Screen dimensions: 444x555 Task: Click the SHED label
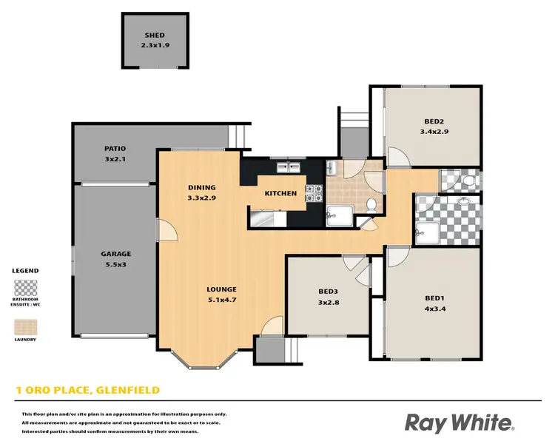point(155,35)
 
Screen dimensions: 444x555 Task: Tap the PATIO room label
point(115,149)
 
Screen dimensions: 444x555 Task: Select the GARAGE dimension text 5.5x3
point(115,264)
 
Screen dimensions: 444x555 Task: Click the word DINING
point(201,187)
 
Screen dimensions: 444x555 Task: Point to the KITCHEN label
point(281,193)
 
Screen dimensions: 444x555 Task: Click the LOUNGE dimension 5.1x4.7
point(221,300)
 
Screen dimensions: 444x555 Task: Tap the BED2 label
point(434,121)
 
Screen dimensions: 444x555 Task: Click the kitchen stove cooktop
point(314,192)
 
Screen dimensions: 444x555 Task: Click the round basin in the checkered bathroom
point(463,201)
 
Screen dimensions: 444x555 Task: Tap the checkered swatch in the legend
point(25,287)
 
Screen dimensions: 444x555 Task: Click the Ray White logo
point(460,423)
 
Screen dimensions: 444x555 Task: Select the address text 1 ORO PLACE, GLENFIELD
point(88,390)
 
